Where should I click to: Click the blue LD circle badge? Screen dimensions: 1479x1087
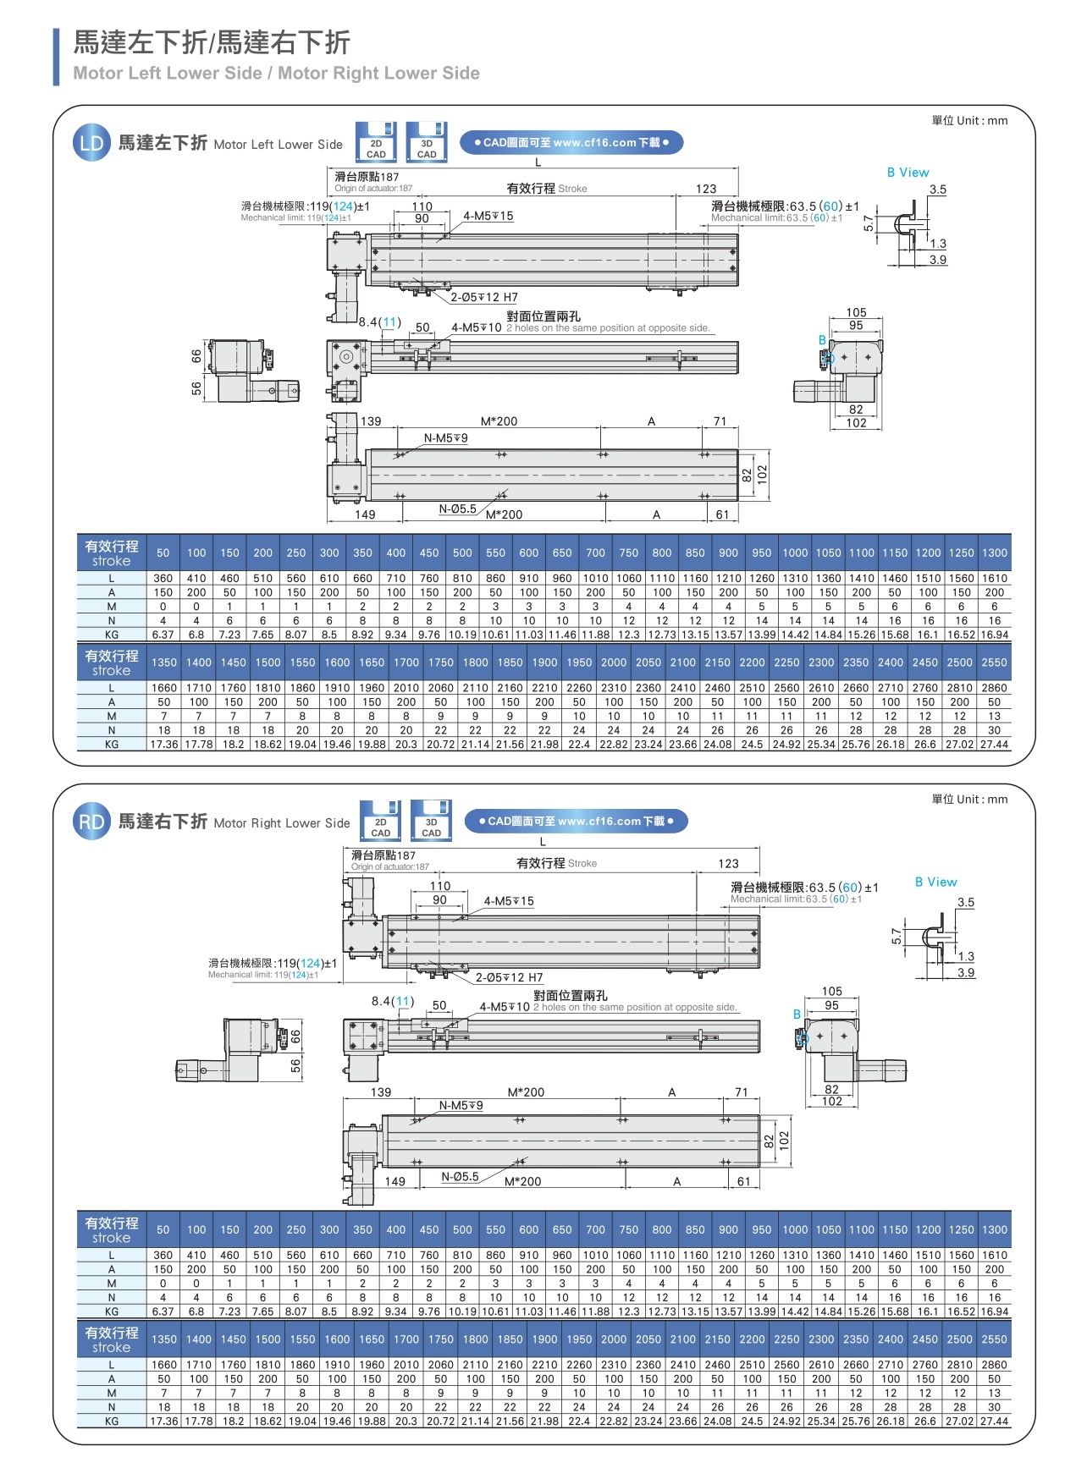coord(91,143)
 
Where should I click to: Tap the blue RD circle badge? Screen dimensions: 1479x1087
coord(91,822)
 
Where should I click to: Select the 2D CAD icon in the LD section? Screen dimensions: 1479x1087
coord(376,142)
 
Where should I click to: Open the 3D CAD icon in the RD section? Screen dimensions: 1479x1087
coord(431,821)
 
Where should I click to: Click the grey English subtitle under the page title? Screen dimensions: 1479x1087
coord(276,74)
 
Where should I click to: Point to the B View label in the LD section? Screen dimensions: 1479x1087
coord(908,173)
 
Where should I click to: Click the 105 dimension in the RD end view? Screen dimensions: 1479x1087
coord(831,991)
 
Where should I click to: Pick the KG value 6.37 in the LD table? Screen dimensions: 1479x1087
coord(163,635)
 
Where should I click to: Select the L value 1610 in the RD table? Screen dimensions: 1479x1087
coord(995,1255)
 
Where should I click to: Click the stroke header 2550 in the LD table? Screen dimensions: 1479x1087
coord(994,663)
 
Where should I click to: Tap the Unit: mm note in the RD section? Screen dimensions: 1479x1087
coord(969,799)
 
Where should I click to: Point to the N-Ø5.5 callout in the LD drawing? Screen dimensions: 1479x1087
coord(457,509)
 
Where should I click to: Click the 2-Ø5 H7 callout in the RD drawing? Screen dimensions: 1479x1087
coord(509,977)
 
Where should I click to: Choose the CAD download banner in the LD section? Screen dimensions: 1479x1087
coord(571,143)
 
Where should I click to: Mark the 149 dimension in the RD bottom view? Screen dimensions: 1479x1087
coord(395,1181)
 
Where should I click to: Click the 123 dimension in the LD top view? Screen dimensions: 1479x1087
coord(706,189)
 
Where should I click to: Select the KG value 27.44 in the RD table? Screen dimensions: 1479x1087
coord(994,1421)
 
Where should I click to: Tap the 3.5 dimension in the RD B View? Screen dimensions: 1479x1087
coord(966,902)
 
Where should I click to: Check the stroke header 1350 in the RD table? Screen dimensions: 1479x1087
coord(164,1339)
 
